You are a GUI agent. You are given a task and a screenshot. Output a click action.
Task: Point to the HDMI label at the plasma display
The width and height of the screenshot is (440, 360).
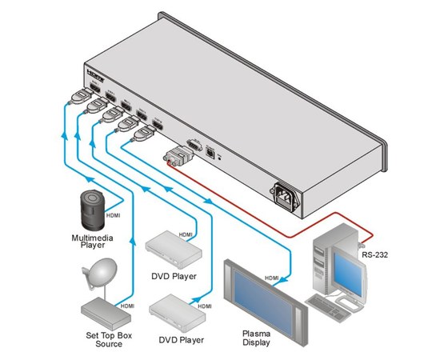click(273, 278)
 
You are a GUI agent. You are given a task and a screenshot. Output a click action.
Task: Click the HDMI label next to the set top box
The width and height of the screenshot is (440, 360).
click(126, 306)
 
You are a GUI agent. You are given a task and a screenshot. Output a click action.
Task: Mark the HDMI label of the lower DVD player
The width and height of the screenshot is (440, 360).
click(205, 306)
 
